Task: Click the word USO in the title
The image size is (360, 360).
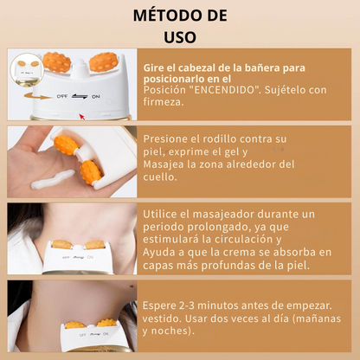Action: (x=180, y=36)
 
